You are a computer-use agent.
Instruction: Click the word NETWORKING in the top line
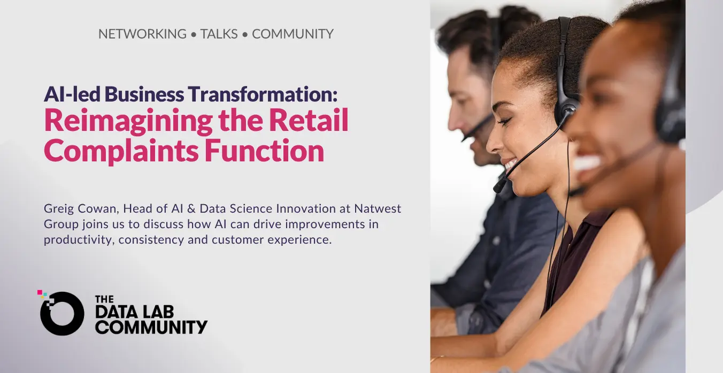[x=142, y=34]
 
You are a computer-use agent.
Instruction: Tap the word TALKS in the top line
[x=219, y=34]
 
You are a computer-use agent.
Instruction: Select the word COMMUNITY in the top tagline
[x=293, y=34]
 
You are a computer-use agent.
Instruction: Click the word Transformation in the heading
[x=263, y=94]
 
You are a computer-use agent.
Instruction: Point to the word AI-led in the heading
[x=72, y=94]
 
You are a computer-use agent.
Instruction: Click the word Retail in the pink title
[x=309, y=120]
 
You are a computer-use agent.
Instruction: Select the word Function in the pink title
[x=264, y=150]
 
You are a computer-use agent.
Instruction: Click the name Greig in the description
[x=57, y=209]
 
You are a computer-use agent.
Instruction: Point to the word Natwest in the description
[x=378, y=208]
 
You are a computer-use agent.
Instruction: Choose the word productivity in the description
[x=79, y=240]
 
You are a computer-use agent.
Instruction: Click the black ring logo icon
[x=62, y=313]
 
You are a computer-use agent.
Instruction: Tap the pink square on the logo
[x=40, y=292]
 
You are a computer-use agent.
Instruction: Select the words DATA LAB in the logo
[x=134, y=312]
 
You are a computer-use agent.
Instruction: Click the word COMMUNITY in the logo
[x=151, y=327]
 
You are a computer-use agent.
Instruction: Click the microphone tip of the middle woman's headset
[x=499, y=186]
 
